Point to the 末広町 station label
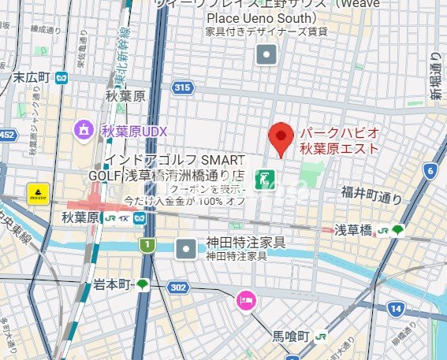click(32, 77)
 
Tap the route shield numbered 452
click(6, 135)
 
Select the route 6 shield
click(430, 170)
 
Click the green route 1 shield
click(147, 246)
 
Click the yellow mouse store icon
click(37, 192)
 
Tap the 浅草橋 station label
click(353, 230)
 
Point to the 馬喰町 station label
click(297, 335)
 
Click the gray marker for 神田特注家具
click(186, 248)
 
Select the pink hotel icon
click(245, 301)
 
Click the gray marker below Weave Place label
click(268, 54)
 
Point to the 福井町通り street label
click(371, 191)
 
